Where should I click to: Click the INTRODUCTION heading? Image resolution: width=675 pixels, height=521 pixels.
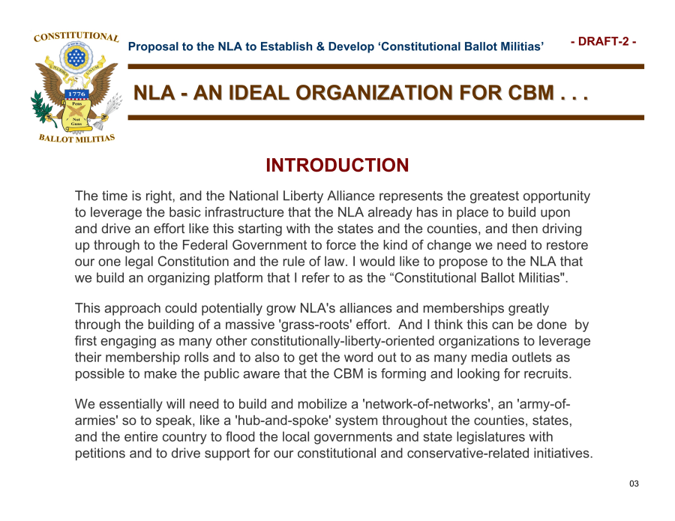[x=337, y=165]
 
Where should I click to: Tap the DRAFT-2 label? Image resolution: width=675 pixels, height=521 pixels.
[x=603, y=41]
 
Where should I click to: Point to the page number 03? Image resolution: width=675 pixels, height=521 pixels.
[x=634, y=484]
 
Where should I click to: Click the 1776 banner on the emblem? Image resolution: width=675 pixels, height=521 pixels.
[x=76, y=94]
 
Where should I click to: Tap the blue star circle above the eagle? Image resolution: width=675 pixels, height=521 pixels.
[x=76, y=57]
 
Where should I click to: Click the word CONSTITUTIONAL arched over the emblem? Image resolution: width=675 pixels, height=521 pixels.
[x=76, y=37]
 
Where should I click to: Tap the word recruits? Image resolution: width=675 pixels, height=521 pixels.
[x=548, y=373]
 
